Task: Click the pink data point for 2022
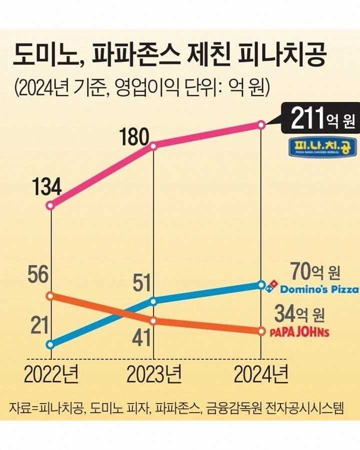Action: pos(50,205)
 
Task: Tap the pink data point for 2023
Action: pos(153,146)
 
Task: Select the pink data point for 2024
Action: pos(260,125)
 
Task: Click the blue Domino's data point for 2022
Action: pos(50,344)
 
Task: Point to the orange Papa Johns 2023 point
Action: pos(153,320)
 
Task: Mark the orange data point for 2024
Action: pos(260,331)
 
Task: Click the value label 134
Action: pos(47,188)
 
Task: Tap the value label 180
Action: pos(135,137)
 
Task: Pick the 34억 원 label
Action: pos(300,315)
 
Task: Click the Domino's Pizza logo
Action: pos(313,288)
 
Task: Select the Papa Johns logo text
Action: pos(299,331)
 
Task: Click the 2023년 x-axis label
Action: pos(153,374)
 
